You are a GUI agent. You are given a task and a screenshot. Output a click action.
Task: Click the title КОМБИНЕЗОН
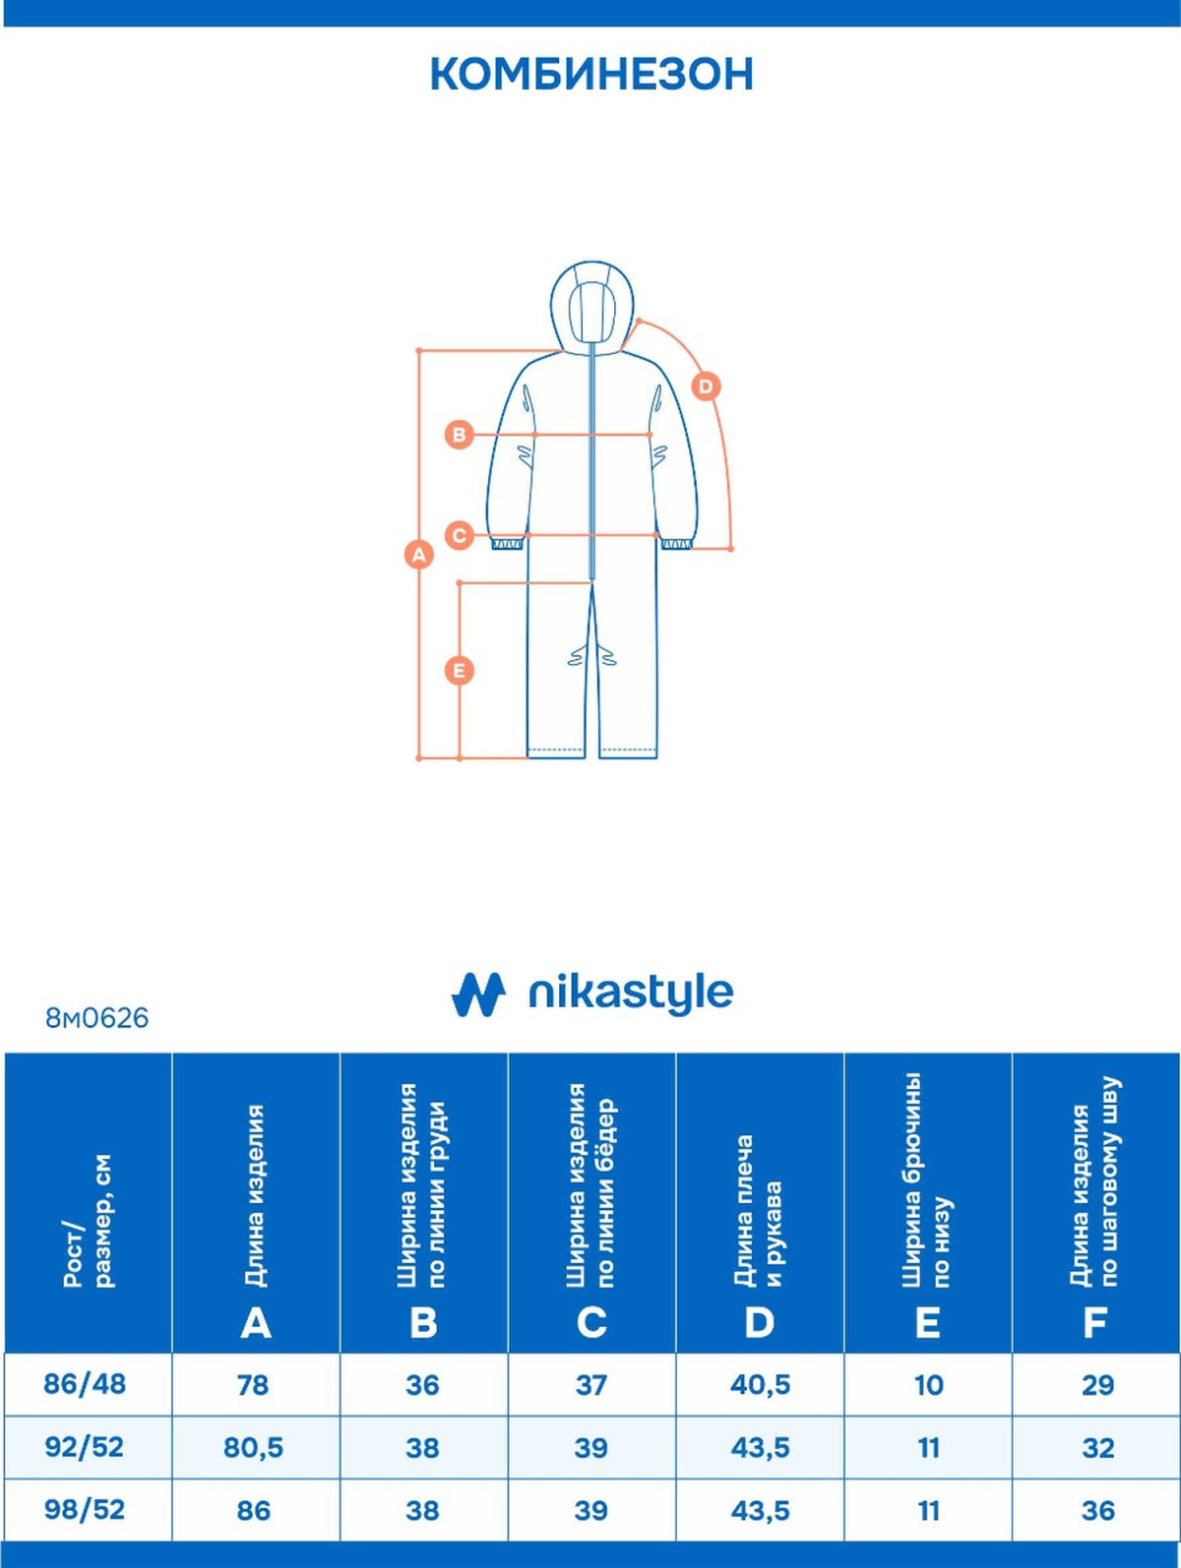pyautogui.click(x=591, y=75)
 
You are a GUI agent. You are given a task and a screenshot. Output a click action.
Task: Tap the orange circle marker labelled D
pyautogui.click(x=705, y=387)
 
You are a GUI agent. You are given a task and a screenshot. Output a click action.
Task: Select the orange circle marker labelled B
pyautogui.click(x=459, y=434)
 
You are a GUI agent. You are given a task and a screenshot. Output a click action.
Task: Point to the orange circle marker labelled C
pyautogui.click(x=459, y=536)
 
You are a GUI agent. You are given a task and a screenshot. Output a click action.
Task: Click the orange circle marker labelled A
pyautogui.click(x=419, y=554)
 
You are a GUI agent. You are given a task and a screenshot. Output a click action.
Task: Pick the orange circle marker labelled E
pyautogui.click(x=459, y=671)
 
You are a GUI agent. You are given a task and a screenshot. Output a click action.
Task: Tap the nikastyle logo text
pyautogui.click(x=630, y=994)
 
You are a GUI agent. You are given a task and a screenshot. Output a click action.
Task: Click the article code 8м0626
pyautogui.click(x=96, y=1018)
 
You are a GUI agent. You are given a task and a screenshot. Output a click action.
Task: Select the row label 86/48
pyautogui.click(x=85, y=1384)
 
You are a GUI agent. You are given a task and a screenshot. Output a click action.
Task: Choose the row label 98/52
pyautogui.click(x=85, y=1510)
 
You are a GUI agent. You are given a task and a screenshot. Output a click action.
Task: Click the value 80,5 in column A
pyautogui.click(x=253, y=1447)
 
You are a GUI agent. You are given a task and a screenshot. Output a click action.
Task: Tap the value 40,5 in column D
pyautogui.click(x=760, y=1384)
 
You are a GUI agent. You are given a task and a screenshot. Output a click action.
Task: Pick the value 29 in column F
pyautogui.click(x=1097, y=1384)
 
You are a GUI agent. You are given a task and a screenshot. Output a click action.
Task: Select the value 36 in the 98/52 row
pyautogui.click(x=1097, y=1510)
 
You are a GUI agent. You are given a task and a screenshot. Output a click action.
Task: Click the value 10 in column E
pyautogui.click(x=928, y=1384)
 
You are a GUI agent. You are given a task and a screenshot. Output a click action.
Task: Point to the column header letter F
pyautogui.click(x=1094, y=1323)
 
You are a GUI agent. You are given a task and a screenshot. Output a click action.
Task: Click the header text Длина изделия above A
pyautogui.click(x=255, y=1195)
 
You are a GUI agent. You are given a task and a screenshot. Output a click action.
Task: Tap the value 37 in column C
pyautogui.click(x=590, y=1384)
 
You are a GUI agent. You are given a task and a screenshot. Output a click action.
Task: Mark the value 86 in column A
pyautogui.click(x=253, y=1510)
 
